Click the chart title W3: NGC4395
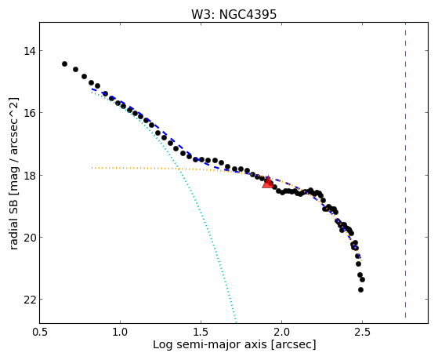(233, 14)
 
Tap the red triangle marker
(268, 182)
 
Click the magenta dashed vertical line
(405, 170)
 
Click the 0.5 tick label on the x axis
(39, 332)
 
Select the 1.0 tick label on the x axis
(120, 332)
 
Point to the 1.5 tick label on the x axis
(201, 332)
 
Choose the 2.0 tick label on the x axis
(281, 332)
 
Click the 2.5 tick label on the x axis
(362, 332)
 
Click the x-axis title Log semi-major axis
(210, 345)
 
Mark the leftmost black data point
(64, 64)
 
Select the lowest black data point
(360, 289)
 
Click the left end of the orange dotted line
(92, 168)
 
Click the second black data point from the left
(75, 69)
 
